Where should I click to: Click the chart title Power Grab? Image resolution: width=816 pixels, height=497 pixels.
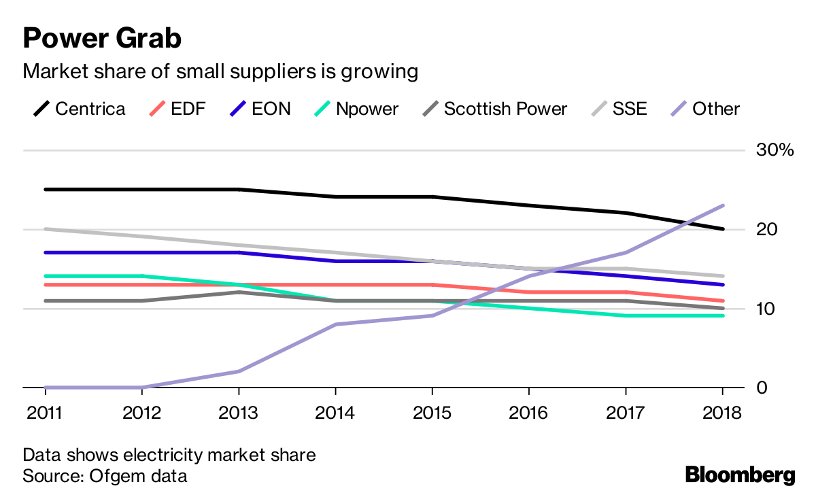pyautogui.click(x=102, y=39)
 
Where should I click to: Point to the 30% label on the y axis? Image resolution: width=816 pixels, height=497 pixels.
pyautogui.click(x=775, y=150)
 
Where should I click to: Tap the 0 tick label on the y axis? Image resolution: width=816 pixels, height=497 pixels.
pyautogui.click(x=762, y=388)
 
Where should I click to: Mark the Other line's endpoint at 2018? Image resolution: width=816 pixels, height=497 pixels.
pyautogui.click(x=722, y=205)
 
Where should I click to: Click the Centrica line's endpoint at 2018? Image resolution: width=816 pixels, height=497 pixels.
pyautogui.click(x=722, y=229)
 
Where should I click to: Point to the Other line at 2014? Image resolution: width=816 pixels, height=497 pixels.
pyautogui.click(x=335, y=324)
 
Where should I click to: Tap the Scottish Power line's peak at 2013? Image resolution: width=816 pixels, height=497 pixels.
pyautogui.click(x=239, y=292)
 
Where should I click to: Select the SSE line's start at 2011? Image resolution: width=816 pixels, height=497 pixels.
pyautogui.click(x=46, y=229)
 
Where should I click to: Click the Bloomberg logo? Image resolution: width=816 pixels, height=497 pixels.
pyautogui.click(x=740, y=475)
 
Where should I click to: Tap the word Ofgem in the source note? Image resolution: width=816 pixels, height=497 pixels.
pyautogui.click(x=112, y=476)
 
